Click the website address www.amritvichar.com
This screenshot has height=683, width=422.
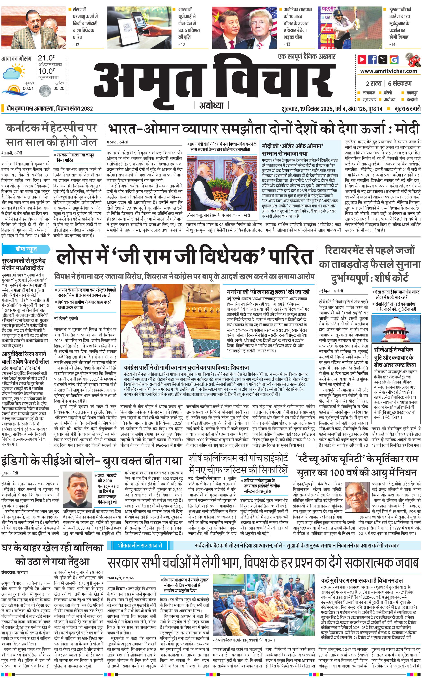388,71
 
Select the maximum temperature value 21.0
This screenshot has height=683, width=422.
47,58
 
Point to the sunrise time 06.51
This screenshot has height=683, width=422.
28,88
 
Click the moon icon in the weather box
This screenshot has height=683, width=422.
45,90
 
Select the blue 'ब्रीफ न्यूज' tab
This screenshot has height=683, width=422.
26,249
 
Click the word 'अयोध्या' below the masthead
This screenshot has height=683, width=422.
211,105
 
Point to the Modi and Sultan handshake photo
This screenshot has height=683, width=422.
222,186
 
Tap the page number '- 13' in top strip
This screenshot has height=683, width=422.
287,44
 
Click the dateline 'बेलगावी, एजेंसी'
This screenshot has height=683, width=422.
11,153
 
